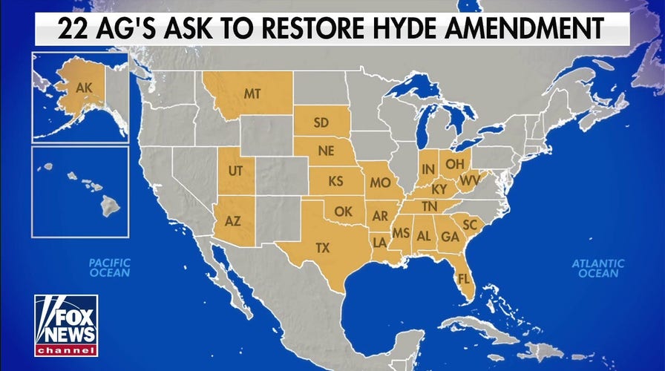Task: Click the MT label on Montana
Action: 254,94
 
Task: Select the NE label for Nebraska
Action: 325,151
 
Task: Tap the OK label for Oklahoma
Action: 343,211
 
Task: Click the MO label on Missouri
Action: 381,182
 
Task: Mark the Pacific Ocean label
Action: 109,268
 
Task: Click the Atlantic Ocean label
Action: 598,268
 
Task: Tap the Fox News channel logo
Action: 65,325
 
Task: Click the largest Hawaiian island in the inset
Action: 110,203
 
